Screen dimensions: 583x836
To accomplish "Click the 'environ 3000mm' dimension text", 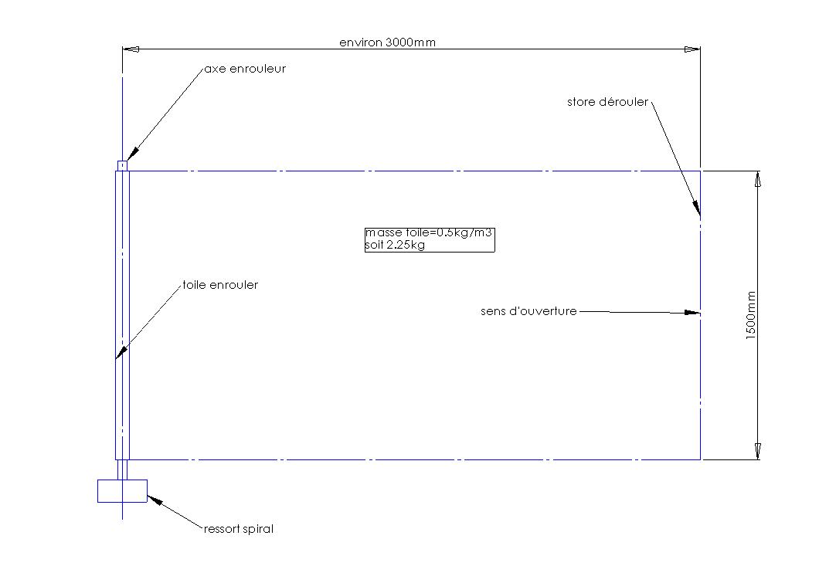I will click(387, 42).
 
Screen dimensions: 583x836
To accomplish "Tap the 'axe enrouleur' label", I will click(245, 69).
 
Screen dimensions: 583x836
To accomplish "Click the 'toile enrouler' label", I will click(220, 285).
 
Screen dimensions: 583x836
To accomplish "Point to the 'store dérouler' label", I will click(607, 102).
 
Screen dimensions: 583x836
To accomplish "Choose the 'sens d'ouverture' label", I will click(528, 311).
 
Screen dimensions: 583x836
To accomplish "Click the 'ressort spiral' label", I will click(239, 529).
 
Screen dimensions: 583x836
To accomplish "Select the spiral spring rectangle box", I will click(122, 490).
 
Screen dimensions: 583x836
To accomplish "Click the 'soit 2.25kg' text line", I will click(396, 246).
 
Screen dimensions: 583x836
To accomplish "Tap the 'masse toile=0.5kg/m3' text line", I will click(427, 232).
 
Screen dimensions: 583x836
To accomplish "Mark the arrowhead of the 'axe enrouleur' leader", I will click(131, 154).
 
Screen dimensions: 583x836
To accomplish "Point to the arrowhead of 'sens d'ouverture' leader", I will click(693, 313).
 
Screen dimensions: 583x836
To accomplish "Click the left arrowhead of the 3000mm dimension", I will click(131, 49).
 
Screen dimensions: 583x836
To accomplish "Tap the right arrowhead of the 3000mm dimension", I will click(692, 49).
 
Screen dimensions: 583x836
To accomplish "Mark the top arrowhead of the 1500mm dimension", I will click(758, 179).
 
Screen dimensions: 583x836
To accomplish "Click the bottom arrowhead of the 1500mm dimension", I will click(758, 451).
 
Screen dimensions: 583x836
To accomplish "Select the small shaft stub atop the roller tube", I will click(122, 165).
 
